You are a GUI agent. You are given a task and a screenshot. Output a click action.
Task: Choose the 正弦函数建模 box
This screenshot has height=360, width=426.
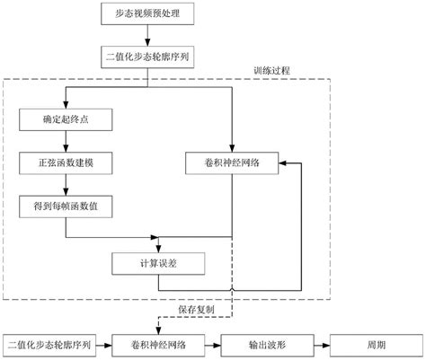pyautogui.click(x=64, y=164)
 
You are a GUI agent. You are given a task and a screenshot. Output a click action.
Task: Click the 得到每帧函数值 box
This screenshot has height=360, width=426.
pyautogui.click(x=64, y=207)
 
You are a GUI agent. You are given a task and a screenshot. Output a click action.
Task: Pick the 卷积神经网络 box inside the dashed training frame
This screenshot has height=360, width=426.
pyautogui.click(x=231, y=164)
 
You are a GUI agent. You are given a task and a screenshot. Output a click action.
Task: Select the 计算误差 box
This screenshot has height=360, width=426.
pyautogui.click(x=159, y=264)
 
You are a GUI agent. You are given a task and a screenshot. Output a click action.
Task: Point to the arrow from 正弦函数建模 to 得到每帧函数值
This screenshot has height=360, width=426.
pyautogui.click(x=64, y=186)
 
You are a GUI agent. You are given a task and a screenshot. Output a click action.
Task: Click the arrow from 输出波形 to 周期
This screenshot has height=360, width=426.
pyautogui.click(x=318, y=343)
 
